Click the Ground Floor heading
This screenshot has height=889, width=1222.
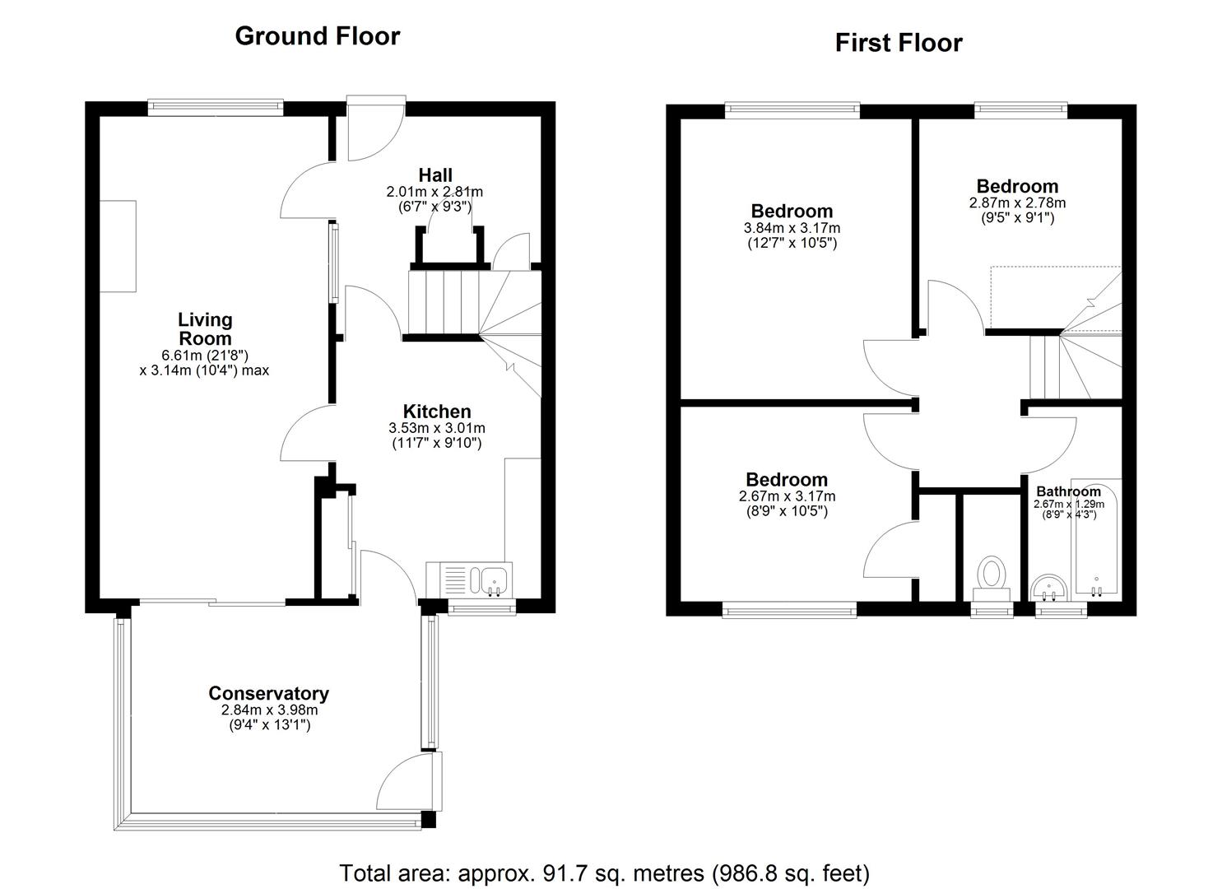coord(318,36)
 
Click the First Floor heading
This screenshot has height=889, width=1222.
coord(899,43)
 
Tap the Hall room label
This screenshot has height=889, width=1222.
coord(434,175)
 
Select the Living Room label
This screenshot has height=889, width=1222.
coord(205,328)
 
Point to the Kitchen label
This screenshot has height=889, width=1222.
coord(437,412)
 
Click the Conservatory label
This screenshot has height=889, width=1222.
coord(269,693)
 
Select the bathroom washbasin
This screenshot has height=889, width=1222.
coord(1049,588)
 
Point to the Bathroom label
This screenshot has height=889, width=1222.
coord(1068,491)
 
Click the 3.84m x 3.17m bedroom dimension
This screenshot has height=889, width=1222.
coord(792,228)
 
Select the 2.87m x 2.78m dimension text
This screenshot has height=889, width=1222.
coord(1017,203)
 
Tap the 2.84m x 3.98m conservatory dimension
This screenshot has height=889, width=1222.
coord(269,710)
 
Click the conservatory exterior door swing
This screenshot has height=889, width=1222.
coord(404,781)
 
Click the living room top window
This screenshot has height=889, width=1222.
coord(216,108)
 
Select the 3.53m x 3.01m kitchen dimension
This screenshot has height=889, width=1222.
coord(437,428)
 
